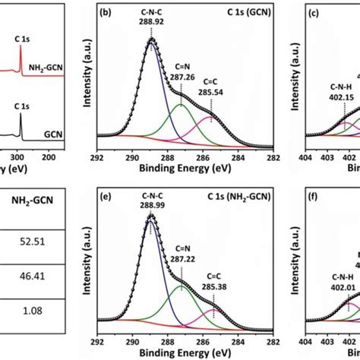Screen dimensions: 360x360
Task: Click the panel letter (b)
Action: point(108,14)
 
